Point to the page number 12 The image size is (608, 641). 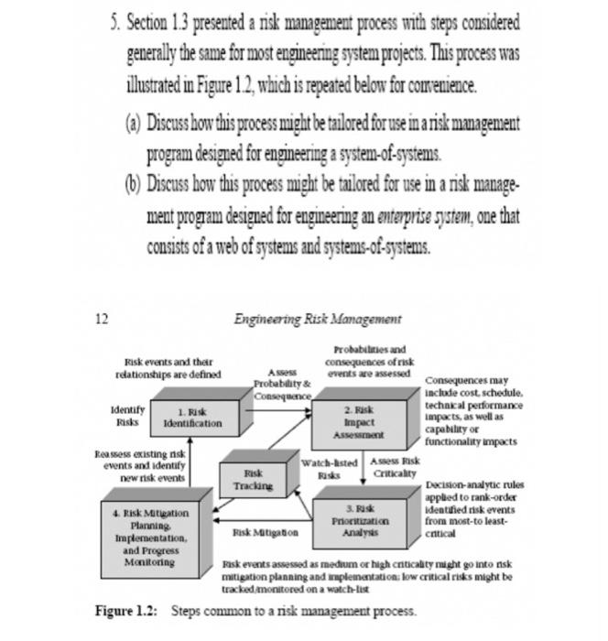(101, 319)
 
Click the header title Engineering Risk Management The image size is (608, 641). (317, 319)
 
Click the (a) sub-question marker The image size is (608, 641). (134, 122)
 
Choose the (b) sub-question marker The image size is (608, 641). (134, 183)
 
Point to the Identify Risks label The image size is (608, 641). (126, 417)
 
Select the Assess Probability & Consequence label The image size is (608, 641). (282, 385)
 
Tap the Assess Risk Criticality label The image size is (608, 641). (395, 467)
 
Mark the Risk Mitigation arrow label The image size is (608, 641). (265, 531)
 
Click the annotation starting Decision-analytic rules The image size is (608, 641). (473, 509)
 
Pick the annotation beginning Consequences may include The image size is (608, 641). (473, 410)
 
